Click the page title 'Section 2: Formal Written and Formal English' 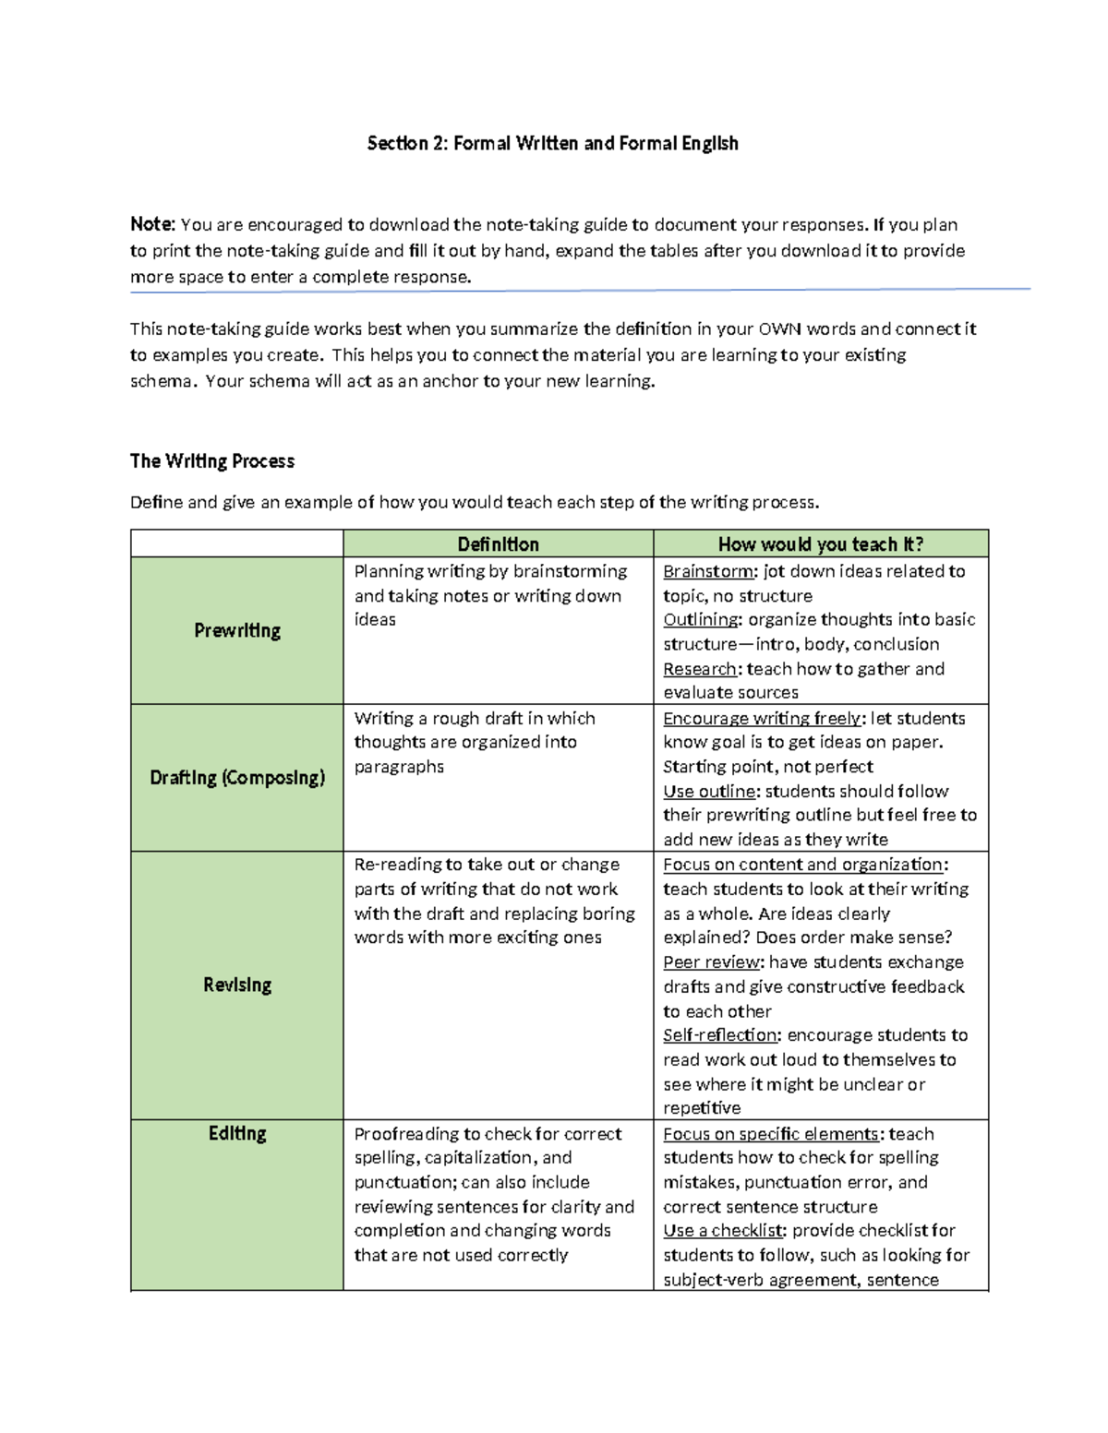[x=552, y=143]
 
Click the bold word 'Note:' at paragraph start [x=152, y=224]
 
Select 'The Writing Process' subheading [x=212, y=460]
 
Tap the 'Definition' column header [x=498, y=544]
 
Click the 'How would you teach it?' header [x=820, y=544]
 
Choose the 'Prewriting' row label [x=237, y=630]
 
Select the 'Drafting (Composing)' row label [x=237, y=778]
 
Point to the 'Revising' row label [x=237, y=985]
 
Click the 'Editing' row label [x=237, y=1133]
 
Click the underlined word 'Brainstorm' [x=708, y=571]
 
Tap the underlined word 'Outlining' [x=701, y=619]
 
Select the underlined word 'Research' [x=700, y=669]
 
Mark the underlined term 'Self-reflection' [x=720, y=1035]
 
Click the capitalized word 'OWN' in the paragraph [x=779, y=329]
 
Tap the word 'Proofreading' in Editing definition [x=406, y=1133]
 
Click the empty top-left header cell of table [x=237, y=543]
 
